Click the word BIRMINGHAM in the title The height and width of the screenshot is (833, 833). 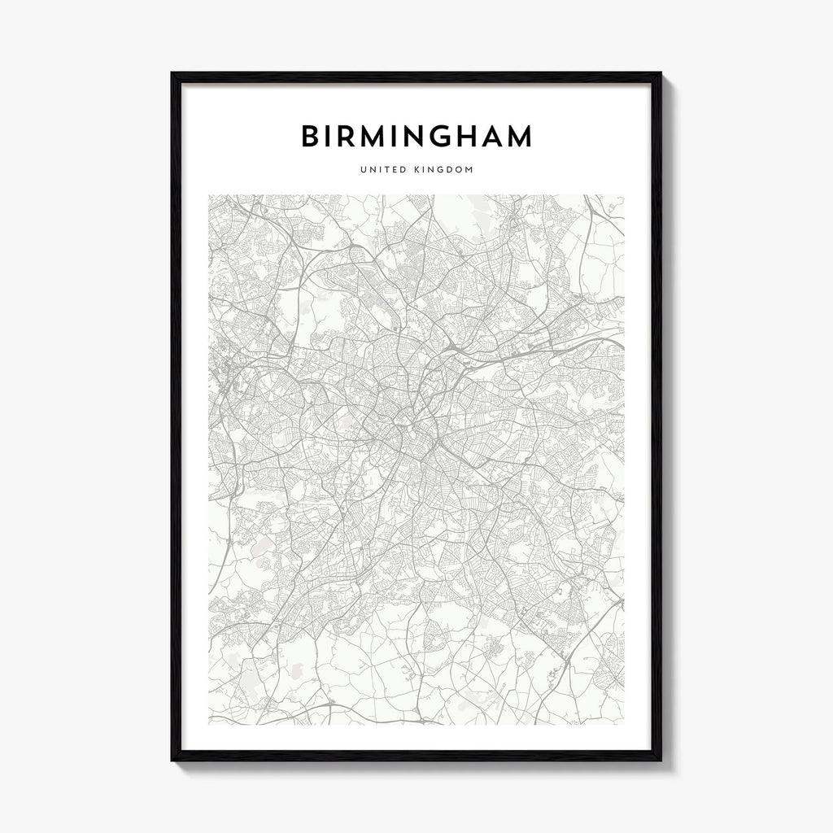click(x=416, y=137)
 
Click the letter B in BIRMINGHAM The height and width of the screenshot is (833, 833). click(x=310, y=137)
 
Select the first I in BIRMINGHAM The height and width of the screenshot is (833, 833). click(x=330, y=137)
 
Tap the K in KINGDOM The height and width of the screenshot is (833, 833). click(x=418, y=170)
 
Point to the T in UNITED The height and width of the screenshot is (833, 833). click(x=389, y=170)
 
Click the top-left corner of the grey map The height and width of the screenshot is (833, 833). click(x=209, y=195)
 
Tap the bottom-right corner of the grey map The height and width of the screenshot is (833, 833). click(x=624, y=724)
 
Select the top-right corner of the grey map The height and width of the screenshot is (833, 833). click(x=624, y=195)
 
